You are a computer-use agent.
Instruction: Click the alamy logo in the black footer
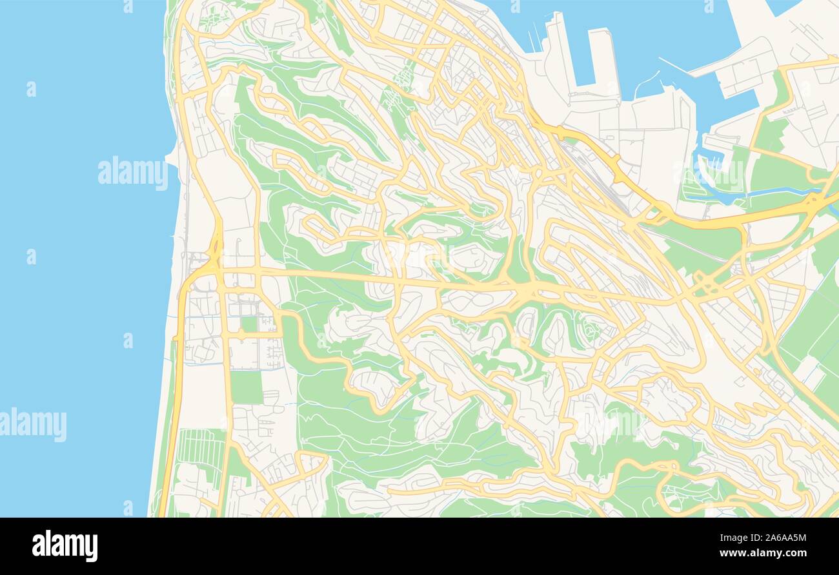[x=65, y=545]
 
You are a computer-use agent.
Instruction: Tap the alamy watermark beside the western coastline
[x=133, y=173]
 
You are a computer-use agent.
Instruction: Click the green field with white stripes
[x=201, y=447]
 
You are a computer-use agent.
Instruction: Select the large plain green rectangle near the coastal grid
[x=247, y=387]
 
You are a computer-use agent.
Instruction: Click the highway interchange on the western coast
[x=213, y=255]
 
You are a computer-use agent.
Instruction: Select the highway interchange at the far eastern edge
[x=814, y=203]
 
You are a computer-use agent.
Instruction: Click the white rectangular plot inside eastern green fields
[x=807, y=371]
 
